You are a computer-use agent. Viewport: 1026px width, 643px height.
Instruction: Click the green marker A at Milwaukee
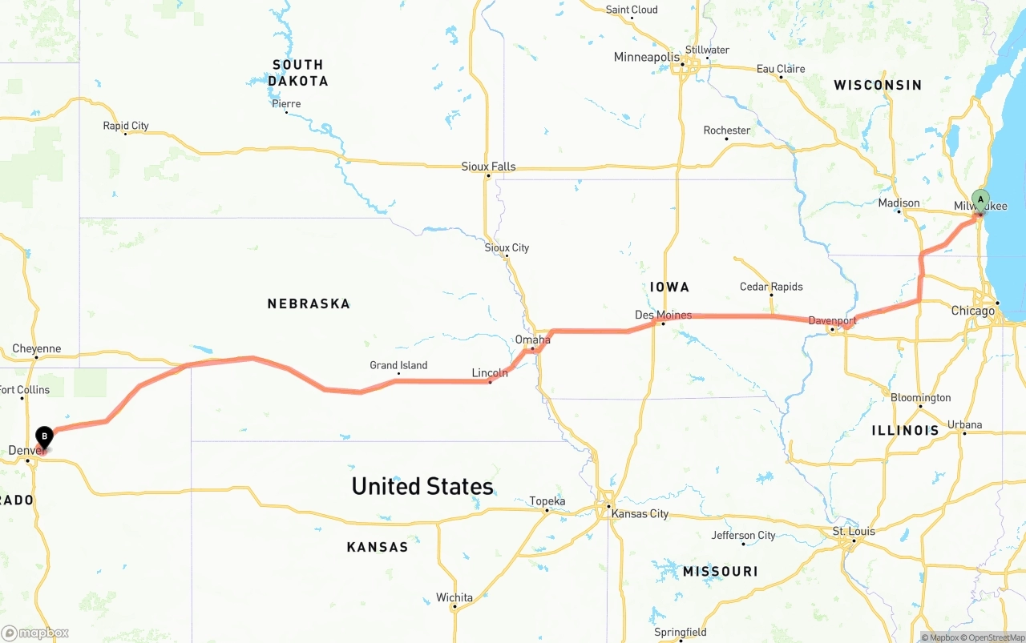[x=980, y=200]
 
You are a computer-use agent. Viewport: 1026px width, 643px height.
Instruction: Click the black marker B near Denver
[x=45, y=437]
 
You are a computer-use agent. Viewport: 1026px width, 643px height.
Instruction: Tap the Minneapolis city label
[x=646, y=57]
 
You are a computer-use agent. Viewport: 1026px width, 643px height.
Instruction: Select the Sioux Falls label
[x=488, y=167]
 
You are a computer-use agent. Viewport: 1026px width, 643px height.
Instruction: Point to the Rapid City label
[x=126, y=126]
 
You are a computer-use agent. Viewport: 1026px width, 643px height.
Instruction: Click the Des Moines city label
[x=663, y=315]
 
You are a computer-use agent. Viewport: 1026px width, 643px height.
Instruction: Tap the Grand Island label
[x=398, y=365]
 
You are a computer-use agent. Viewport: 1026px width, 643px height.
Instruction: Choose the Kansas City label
[x=639, y=513]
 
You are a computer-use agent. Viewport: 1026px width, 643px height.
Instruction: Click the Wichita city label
[x=454, y=597]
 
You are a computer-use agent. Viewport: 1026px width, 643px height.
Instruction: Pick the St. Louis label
[x=854, y=531]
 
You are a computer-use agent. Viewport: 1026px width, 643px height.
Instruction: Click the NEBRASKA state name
[x=309, y=303]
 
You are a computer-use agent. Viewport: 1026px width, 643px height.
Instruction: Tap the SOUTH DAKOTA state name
[x=297, y=73]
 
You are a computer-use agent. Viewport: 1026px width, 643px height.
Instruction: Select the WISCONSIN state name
[x=877, y=85]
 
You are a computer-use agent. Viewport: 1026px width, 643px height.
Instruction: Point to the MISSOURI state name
[x=720, y=571]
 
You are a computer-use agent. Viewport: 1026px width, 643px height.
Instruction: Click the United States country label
[x=422, y=486]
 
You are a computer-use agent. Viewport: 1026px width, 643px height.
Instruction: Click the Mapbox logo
[x=35, y=633]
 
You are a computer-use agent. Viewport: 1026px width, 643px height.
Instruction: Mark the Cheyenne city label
[x=36, y=348]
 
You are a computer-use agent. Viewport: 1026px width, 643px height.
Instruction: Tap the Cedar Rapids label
[x=771, y=287]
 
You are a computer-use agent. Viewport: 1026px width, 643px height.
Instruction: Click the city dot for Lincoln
[x=490, y=382]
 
